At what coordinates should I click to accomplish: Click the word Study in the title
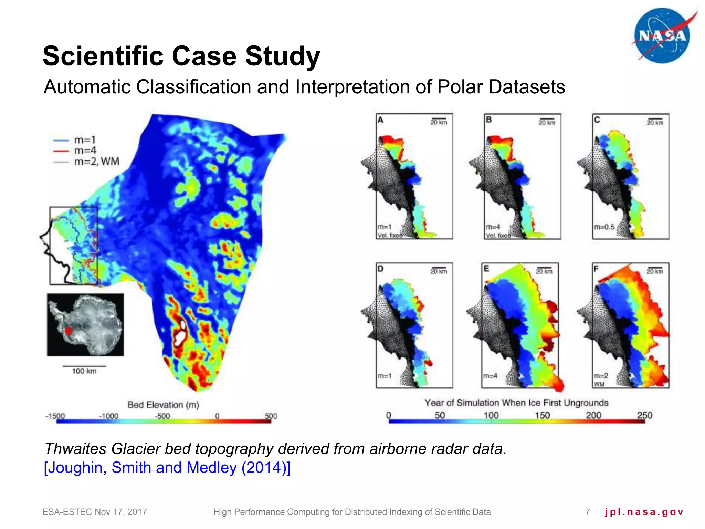pos(282,56)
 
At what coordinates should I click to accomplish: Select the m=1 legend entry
pos(85,140)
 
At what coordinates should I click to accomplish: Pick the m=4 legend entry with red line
pos(85,151)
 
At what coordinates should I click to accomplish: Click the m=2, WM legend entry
pos(96,161)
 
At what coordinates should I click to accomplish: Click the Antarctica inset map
pos(85,324)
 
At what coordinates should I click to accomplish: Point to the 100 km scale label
pos(84,371)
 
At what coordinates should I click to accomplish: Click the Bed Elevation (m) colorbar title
pos(163,405)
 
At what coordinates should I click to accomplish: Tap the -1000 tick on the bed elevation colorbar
pos(108,416)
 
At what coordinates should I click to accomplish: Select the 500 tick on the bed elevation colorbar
pos(271,416)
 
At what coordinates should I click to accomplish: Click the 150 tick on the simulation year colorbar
pos(542,415)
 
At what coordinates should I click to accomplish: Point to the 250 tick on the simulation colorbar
pos(644,415)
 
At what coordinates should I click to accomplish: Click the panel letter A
pos(380,120)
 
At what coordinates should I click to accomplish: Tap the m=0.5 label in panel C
pos(604,227)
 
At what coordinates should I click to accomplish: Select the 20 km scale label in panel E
pos(544,272)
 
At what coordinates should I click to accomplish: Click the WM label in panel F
pos(599,384)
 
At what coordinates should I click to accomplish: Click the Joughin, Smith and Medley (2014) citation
pos(167,468)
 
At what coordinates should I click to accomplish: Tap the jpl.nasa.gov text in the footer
pos(644,512)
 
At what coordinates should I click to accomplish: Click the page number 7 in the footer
pos(588,512)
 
